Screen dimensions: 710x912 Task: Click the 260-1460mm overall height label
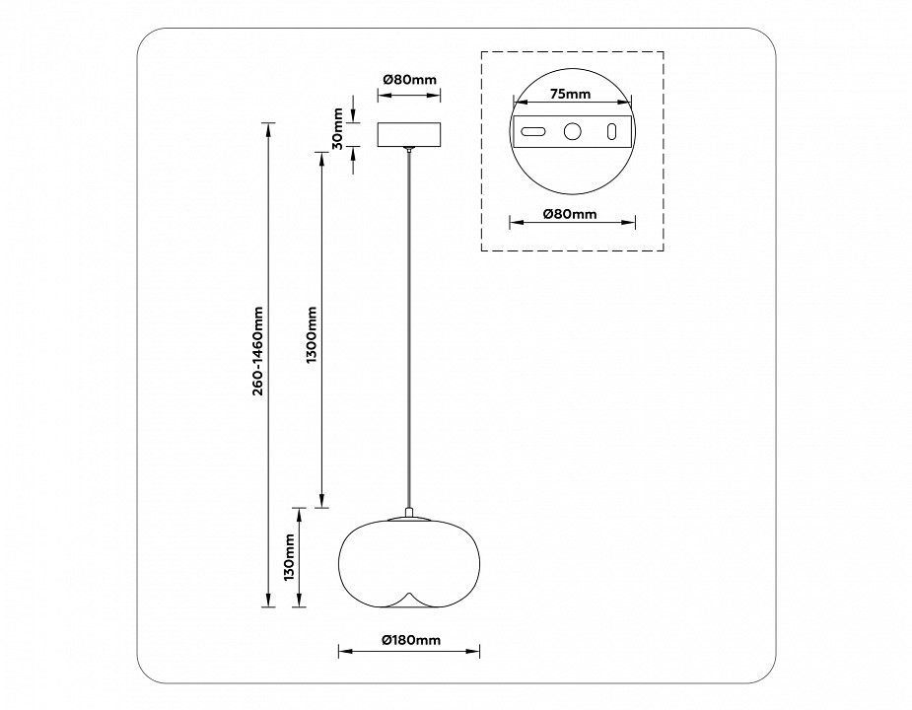(x=257, y=351)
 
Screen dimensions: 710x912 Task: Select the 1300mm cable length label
(x=312, y=334)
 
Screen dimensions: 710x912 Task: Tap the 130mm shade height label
(x=289, y=558)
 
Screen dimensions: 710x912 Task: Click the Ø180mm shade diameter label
(x=410, y=640)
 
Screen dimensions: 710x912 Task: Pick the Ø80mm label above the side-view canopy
(x=409, y=80)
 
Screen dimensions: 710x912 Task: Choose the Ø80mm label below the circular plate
(x=570, y=213)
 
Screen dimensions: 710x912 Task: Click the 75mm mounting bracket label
(x=570, y=95)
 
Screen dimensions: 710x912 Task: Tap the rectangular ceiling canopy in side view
(x=409, y=134)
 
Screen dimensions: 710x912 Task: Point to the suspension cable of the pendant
(x=409, y=325)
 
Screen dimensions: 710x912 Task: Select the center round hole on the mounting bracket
(x=572, y=131)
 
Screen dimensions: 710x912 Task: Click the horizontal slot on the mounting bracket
(x=533, y=131)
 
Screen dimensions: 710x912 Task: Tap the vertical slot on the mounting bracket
(x=611, y=131)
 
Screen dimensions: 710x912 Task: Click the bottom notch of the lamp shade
(x=409, y=598)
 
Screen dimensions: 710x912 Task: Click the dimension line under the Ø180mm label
(x=409, y=651)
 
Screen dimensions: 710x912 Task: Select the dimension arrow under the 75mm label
(x=570, y=106)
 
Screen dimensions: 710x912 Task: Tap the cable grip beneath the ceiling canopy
(x=409, y=150)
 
